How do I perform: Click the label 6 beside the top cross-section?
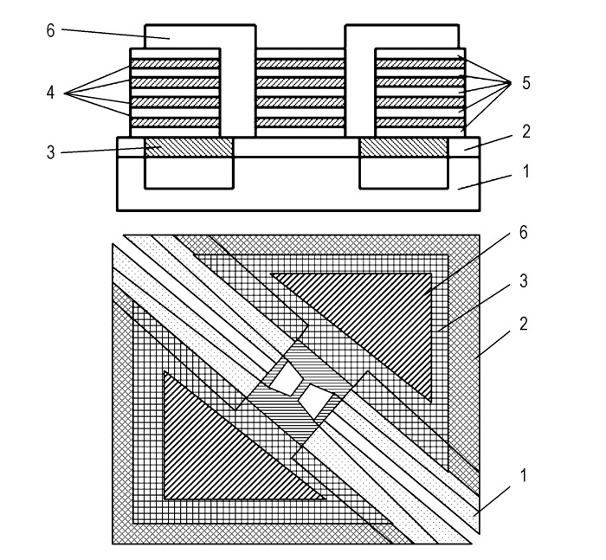pyautogui.click(x=50, y=30)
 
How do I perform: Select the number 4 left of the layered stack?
pyautogui.click(x=50, y=93)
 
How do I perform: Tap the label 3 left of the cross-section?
pyautogui.click(x=50, y=152)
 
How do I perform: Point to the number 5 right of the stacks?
pyautogui.click(x=526, y=83)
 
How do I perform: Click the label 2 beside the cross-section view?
pyautogui.click(x=526, y=132)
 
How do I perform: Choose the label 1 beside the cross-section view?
pyautogui.click(x=525, y=171)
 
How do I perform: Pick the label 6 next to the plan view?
pyautogui.click(x=523, y=233)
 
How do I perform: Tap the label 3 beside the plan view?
pyautogui.click(x=523, y=281)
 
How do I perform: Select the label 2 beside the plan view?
pyautogui.click(x=523, y=324)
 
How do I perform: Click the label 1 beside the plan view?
pyautogui.click(x=523, y=475)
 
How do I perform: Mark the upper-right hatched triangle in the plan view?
pyautogui.click(x=378, y=309)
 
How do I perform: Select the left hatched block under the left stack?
pyautogui.click(x=189, y=147)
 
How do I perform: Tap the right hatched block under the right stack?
pyautogui.click(x=404, y=147)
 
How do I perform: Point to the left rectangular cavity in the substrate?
pyautogui.click(x=189, y=173)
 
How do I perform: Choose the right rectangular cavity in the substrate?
pyautogui.click(x=404, y=173)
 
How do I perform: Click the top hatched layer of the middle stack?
pyautogui.click(x=300, y=63)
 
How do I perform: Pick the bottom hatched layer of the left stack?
pyautogui.click(x=175, y=122)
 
